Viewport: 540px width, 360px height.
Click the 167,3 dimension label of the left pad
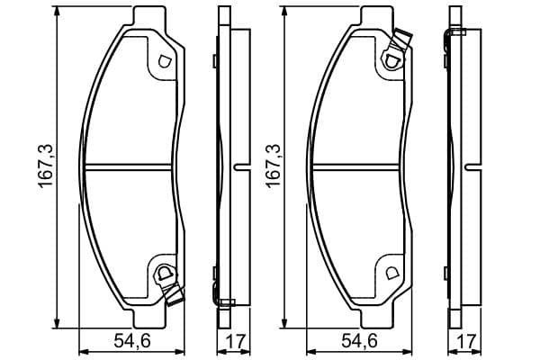45,166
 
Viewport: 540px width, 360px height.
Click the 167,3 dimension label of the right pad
273,166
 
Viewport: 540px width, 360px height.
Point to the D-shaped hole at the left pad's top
164,61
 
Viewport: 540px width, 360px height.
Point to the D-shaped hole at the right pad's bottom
391,273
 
